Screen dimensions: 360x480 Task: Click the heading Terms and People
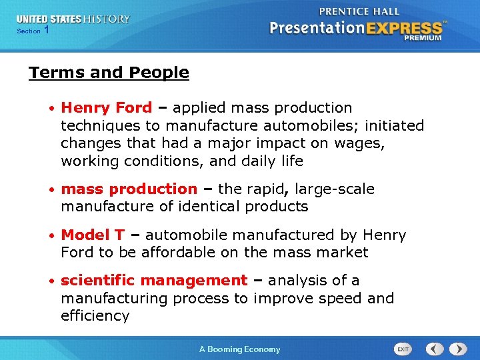[x=109, y=73]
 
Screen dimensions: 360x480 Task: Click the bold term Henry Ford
[x=106, y=108]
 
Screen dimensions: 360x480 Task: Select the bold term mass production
[x=129, y=189]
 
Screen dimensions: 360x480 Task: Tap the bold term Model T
[x=93, y=235]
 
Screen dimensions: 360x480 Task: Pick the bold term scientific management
[x=153, y=281]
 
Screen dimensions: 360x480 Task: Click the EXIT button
[x=403, y=349]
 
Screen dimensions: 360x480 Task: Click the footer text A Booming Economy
[x=240, y=349]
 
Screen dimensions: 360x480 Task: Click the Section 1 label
[x=33, y=31]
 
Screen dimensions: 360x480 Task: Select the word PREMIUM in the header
[x=422, y=38]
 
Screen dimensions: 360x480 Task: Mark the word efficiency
[x=95, y=316]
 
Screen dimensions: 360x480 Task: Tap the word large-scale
[x=336, y=189]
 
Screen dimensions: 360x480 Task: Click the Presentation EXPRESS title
[x=356, y=28]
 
